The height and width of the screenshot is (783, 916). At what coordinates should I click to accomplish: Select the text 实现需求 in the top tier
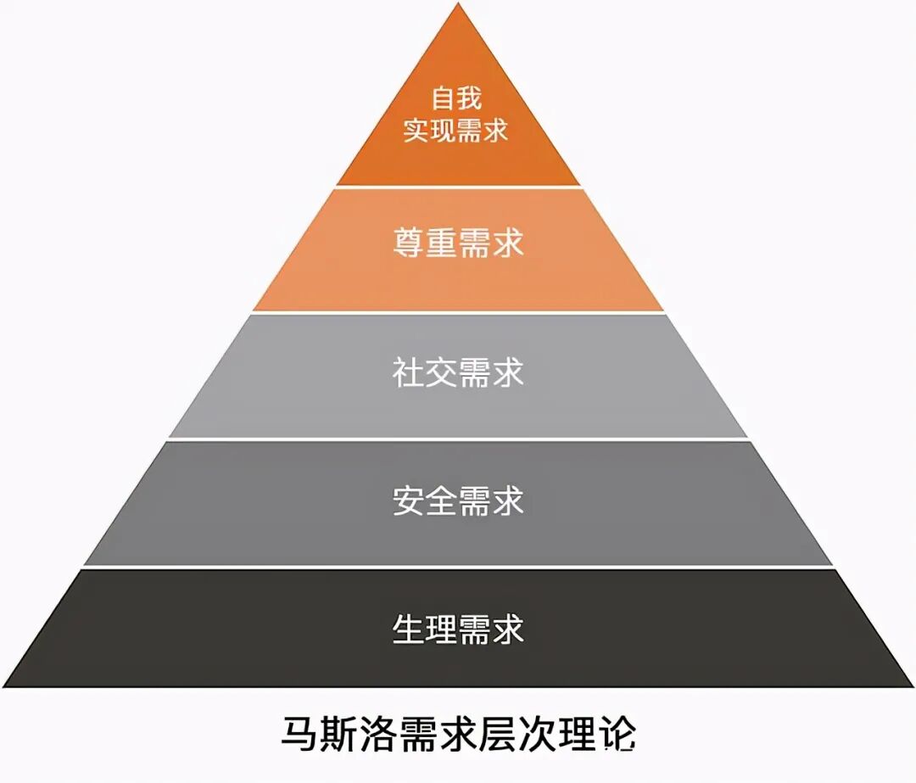pos(457,131)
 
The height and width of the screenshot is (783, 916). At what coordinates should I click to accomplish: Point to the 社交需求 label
pos(458,372)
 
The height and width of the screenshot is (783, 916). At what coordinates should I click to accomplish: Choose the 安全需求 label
pos(458,501)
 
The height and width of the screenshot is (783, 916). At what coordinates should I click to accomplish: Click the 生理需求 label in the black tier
pos(458,629)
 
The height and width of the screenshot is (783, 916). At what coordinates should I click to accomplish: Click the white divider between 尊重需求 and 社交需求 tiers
pos(458,313)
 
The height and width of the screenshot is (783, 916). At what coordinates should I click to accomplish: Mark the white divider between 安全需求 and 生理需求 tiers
pos(458,567)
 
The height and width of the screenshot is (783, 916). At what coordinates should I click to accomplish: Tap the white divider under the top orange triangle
pos(458,187)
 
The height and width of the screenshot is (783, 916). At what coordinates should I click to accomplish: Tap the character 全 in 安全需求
pos(442,501)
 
